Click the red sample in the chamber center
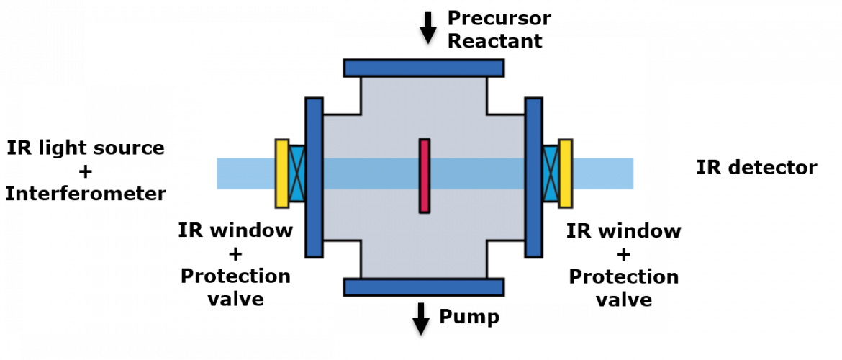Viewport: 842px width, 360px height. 425,176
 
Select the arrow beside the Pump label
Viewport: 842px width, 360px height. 421,319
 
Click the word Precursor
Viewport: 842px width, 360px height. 499,18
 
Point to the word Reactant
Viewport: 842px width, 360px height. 495,41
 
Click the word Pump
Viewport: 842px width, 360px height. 469,317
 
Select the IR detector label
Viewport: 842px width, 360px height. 756,168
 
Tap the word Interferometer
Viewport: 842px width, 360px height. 86,194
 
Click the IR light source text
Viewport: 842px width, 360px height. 86,147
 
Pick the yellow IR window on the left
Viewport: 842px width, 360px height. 282,173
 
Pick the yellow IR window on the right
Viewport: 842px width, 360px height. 566,173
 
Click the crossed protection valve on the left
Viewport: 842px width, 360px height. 297,173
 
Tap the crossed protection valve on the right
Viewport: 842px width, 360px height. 551,173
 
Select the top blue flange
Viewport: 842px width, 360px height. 424,68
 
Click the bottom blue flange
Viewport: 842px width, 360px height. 424,287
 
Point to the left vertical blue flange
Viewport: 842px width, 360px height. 314,177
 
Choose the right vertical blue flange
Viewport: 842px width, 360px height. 534,177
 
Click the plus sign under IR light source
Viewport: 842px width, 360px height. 86,171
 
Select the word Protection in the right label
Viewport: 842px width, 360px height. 624,277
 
